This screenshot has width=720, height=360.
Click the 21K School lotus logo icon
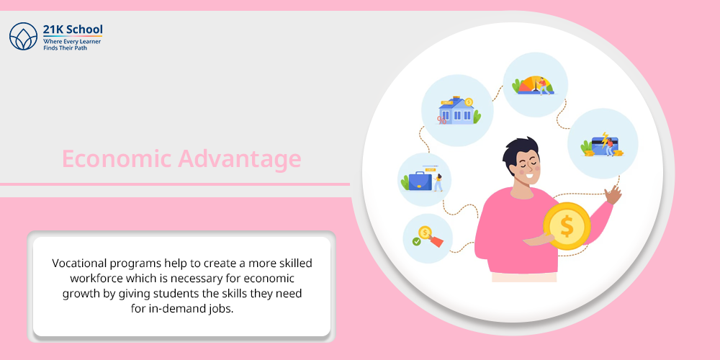click(x=24, y=36)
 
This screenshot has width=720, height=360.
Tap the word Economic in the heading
click(x=117, y=159)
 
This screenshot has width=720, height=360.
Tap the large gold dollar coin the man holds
click(x=567, y=226)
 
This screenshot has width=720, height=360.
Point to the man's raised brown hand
click(x=613, y=194)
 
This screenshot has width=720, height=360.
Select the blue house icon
click(x=456, y=111)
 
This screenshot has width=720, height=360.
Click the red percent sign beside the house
click(x=441, y=120)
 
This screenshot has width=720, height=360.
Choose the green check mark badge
click(x=416, y=241)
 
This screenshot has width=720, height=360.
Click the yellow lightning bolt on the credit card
click(x=605, y=139)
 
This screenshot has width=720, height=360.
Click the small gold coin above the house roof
click(x=469, y=102)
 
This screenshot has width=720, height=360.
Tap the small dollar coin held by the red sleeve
click(x=425, y=233)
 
